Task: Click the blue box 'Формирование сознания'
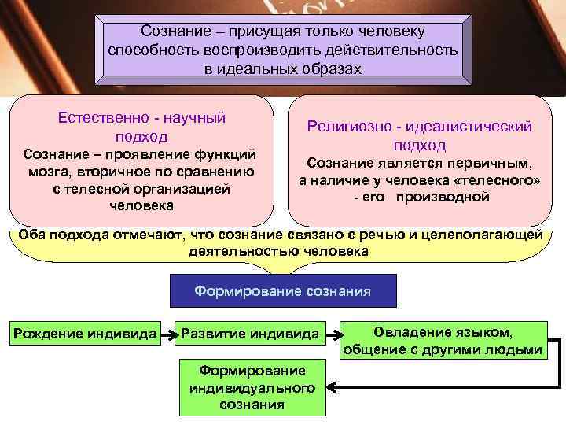[x=283, y=290]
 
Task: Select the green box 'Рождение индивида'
[x=86, y=333]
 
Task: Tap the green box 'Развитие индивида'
[x=250, y=333]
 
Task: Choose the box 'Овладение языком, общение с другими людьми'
[x=442, y=341]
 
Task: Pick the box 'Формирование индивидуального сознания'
[x=252, y=388]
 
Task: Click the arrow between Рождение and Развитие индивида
[x=168, y=334]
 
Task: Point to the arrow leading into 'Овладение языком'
[x=333, y=334]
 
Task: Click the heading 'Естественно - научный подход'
[x=141, y=127]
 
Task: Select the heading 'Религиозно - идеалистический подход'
[x=420, y=135]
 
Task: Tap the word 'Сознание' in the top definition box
[x=174, y=31]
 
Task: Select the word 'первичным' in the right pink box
[x=487, y=163]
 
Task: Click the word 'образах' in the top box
[x=335, y=68]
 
